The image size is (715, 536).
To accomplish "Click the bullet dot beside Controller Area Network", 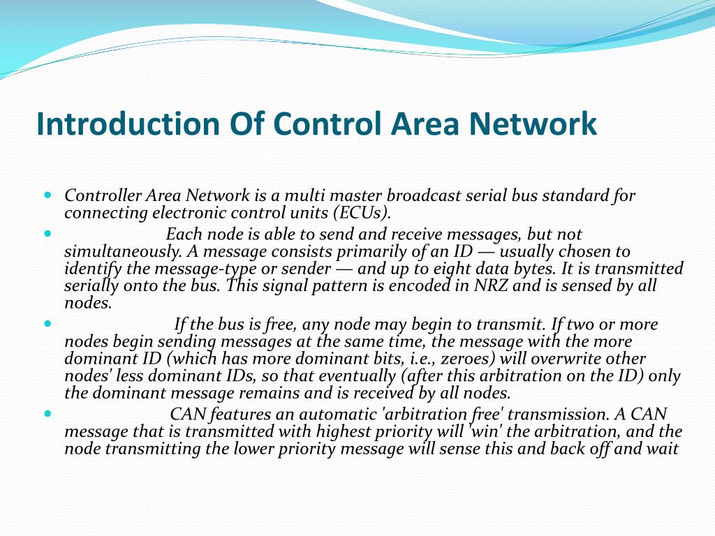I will tap(47, 195).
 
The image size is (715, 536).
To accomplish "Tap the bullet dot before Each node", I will tap(47, 233).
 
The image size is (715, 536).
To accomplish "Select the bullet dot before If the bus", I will tap(47, 323).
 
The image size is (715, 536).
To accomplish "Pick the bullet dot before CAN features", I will tap(47, 413).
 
